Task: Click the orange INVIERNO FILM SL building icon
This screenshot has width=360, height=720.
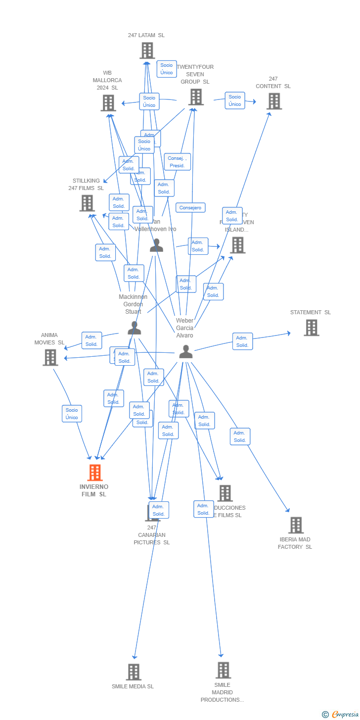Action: (95, 473)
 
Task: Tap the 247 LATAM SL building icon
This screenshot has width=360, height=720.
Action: (147, 50)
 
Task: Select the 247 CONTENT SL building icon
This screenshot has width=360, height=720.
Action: (274, 101)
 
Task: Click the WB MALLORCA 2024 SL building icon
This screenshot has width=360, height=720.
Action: (108, 103)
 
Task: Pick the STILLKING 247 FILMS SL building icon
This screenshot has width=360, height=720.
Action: (87, 203)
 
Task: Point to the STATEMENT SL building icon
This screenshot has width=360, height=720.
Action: (311, 328)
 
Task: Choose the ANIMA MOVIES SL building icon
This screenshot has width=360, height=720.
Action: (50, 357)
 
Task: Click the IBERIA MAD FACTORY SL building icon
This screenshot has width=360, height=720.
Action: (296, 525)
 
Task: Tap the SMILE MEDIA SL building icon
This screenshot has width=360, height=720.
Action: (134, 672)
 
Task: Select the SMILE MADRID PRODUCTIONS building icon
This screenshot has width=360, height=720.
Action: (223, 670)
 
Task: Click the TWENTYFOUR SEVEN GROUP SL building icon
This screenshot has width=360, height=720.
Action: (196, 97)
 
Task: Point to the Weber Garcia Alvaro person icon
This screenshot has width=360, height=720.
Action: (186, 352)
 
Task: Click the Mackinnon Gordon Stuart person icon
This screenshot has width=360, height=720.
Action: (134, 328)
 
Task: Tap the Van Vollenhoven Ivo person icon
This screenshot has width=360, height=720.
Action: (156, 245)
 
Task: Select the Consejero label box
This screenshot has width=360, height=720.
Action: (190, 208)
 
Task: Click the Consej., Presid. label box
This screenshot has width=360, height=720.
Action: (177, 162)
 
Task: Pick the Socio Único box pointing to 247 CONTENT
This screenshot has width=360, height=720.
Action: (235, 100)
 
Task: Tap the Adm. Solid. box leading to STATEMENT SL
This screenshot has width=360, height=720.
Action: (242, 341)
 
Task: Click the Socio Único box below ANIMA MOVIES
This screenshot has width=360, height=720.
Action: (72, 414)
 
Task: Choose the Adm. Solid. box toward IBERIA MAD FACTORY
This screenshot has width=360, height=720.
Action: (240, 436)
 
